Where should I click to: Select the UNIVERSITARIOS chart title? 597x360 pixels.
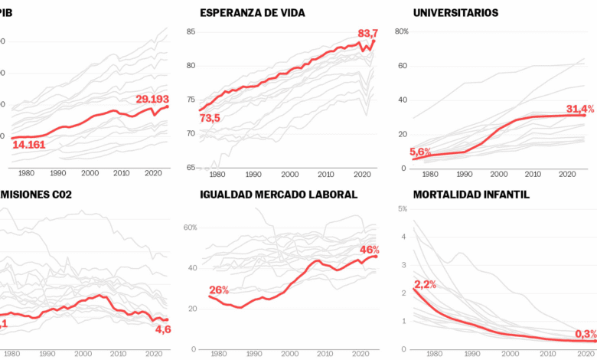tap(455, 13)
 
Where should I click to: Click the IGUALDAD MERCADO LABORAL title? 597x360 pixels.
tap(279, 194)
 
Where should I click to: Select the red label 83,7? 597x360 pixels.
tap(368, 34)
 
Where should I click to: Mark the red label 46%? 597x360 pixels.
tap(370, 250)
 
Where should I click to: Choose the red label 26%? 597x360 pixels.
tap(219, 290)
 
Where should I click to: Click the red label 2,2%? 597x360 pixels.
tap(426, 285)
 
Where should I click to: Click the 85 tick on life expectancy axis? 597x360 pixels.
tap(191, 31)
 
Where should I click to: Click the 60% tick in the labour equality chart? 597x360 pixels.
tap(191, 227)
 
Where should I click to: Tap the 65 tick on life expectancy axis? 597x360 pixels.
tap(191, 167)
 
